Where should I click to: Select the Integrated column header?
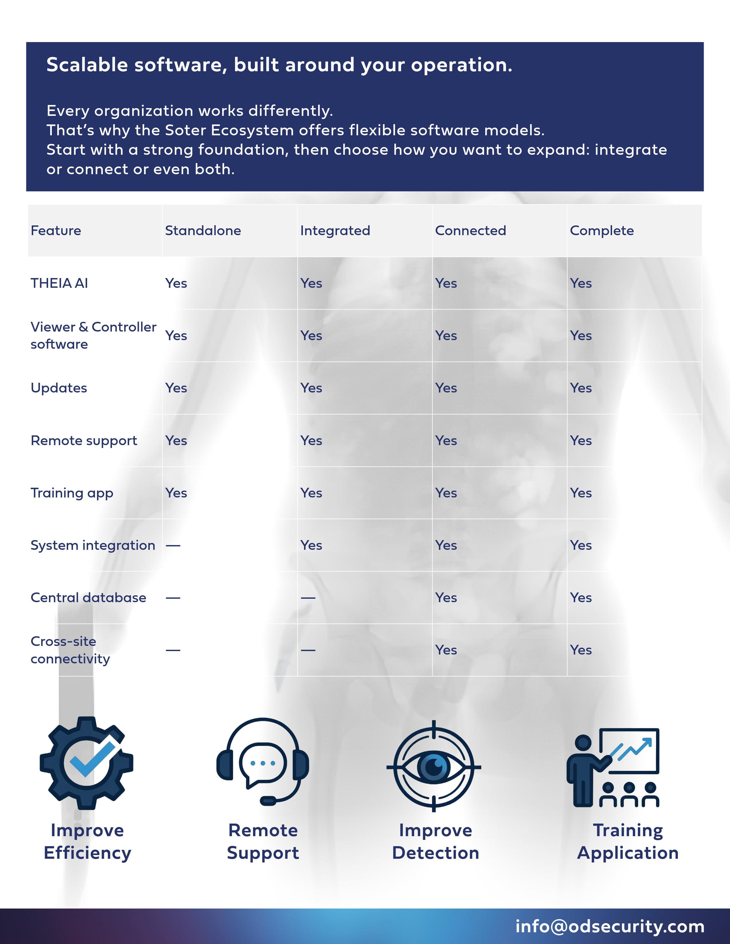coord(335,231)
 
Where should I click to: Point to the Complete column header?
coord(601,231)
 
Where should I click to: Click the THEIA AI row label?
coord(59,283)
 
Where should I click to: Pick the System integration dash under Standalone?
coord(173,546)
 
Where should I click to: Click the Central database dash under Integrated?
coord(308,598)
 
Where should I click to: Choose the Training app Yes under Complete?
coord(581,493)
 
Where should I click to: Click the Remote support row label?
coord(84,441)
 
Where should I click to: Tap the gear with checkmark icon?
coord(86,763)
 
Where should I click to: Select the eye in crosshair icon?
coord(434,766)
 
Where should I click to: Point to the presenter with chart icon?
coord(613,767)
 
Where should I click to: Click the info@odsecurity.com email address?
coord(610,926)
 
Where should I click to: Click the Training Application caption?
coord(628,842)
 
